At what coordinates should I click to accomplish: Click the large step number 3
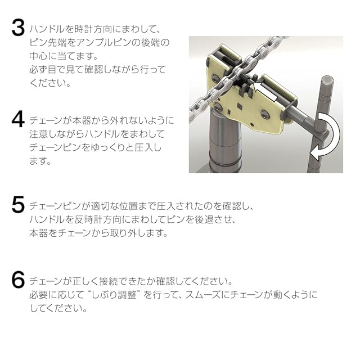18,28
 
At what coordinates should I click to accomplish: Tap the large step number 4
18,119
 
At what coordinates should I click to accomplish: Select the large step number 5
18,204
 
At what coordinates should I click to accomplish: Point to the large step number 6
18,279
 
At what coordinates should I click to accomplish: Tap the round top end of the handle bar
327,79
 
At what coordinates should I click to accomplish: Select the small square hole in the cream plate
240,106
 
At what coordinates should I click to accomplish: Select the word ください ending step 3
50,83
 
